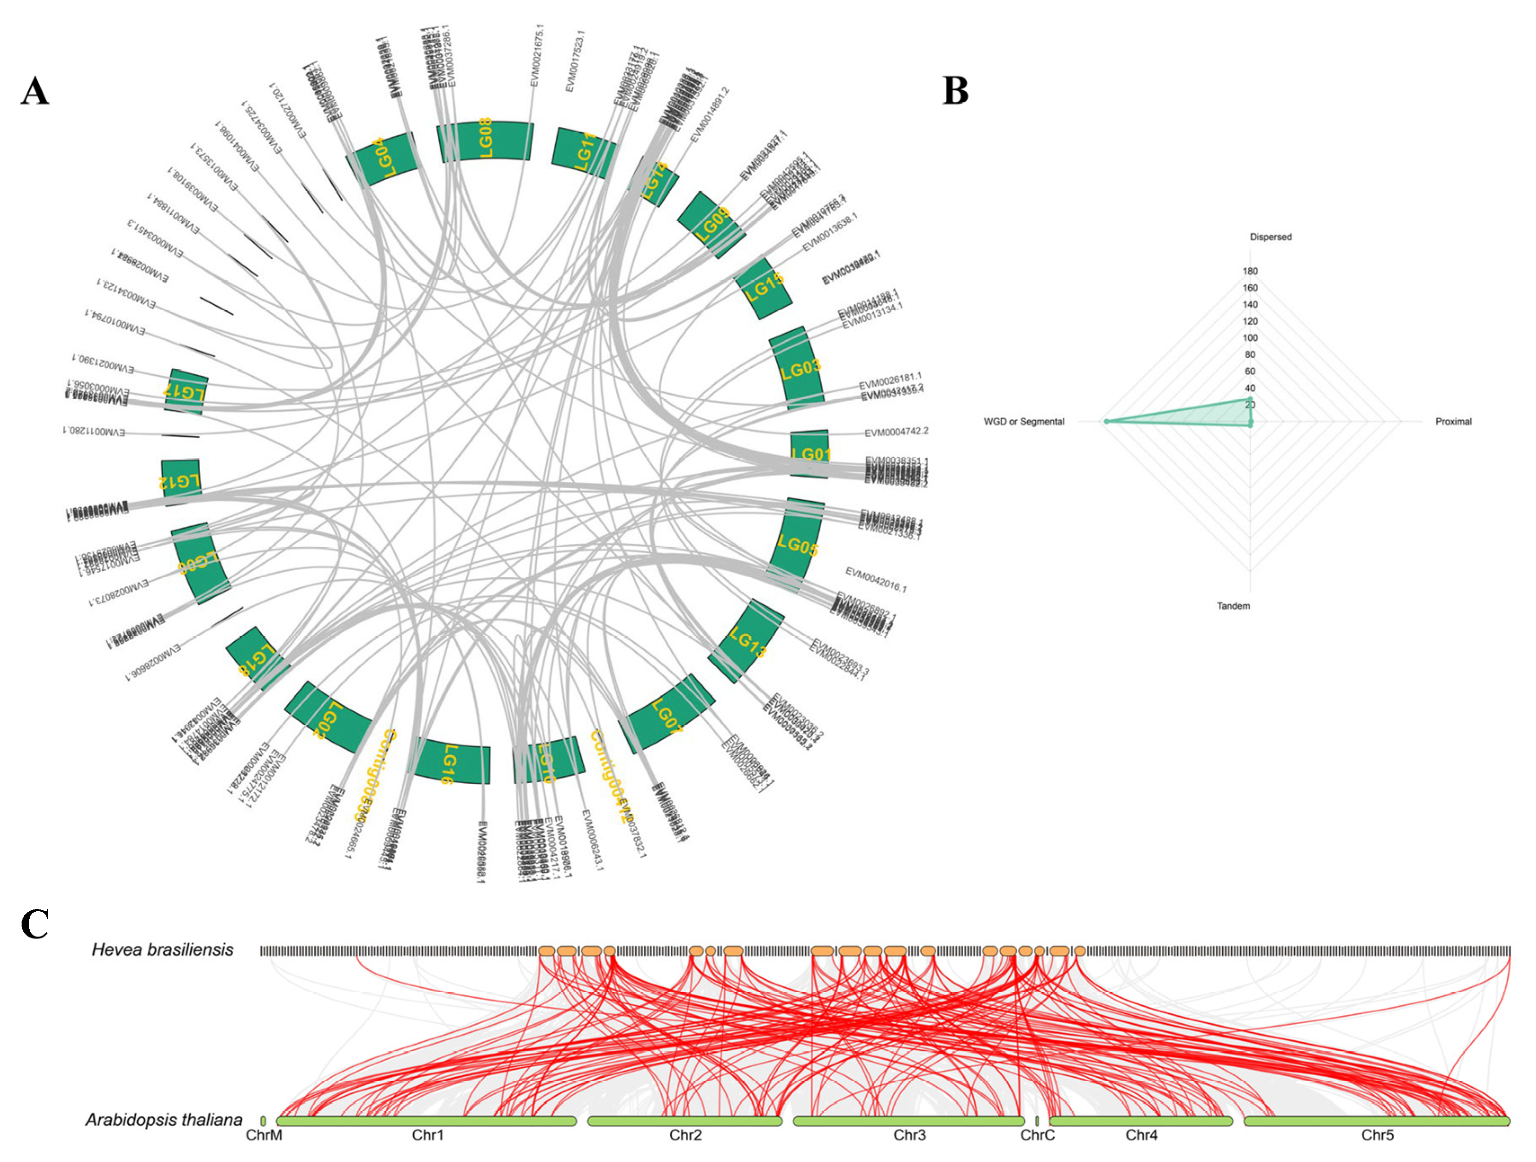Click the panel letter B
[x=956, y=91]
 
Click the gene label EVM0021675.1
[x=537, y=56]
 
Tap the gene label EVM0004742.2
[x=896, y=432]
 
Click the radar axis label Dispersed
[x=1271, y=237]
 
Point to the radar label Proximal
[x=1453, y=421]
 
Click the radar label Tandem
[x=1233, y=606]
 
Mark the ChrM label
[x=264, y=1135]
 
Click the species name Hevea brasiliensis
[x=162, y=949]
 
